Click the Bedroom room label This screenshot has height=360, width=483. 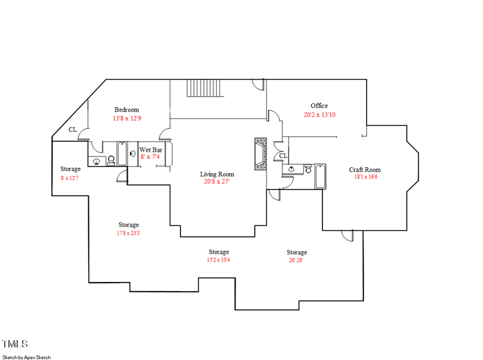click(x=127, y=110)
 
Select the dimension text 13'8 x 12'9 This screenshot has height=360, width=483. click(x=127, y=118)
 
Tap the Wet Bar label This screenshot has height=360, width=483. click(x=150, y=150)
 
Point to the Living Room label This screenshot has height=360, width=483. click(x=217, y=174)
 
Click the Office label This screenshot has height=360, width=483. click(x=319, y=106)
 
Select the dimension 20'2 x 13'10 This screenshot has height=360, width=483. click(x=319, y=114)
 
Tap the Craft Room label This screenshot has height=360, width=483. click(x=365, y=170)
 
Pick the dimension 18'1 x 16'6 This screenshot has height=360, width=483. click(x=365, y=178)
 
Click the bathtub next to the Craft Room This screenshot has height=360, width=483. click(x=319, y=176)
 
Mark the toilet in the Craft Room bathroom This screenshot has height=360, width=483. click(x=307, y=170)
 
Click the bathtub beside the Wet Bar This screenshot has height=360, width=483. click(x=122, y=153)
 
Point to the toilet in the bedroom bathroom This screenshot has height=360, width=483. click(x=111, y=160)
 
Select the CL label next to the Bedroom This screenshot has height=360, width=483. click(x=72, y=129)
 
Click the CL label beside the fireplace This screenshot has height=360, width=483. click(x=283, y=156)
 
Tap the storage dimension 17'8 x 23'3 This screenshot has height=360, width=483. click(x=128, y=233)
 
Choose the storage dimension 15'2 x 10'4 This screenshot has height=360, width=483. click(x=218, y=260)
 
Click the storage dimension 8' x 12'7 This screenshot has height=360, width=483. click(x=70, y=178)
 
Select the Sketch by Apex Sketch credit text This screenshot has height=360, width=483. click(x=27, y=357)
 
